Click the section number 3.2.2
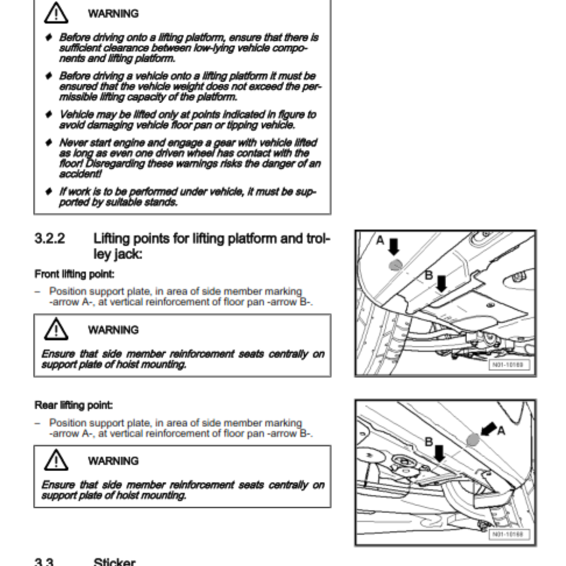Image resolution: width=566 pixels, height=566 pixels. pyautogui.click(x=50, y=238)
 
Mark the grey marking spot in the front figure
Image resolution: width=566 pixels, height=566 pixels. pyautogui.click(x=395, y=264)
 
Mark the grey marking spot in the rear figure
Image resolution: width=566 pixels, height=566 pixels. pyautogui.click(x=473, y=439)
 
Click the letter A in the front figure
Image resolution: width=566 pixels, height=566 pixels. pyautogui.click(x=380, y=241)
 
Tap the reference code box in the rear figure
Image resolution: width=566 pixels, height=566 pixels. pyautogui.click(x=508, y=534)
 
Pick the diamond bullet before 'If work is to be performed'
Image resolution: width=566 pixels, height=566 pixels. pyautogui.click(x=49, y=191)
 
